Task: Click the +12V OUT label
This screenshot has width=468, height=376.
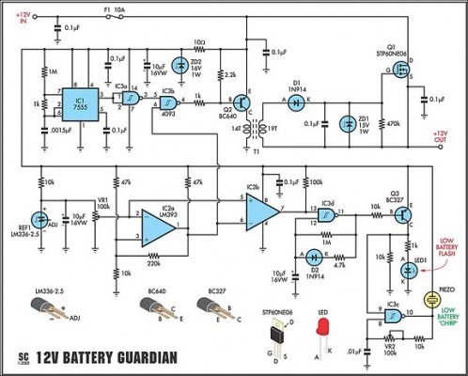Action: (442, 138)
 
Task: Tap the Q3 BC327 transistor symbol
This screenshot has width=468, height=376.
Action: (401, 214)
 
